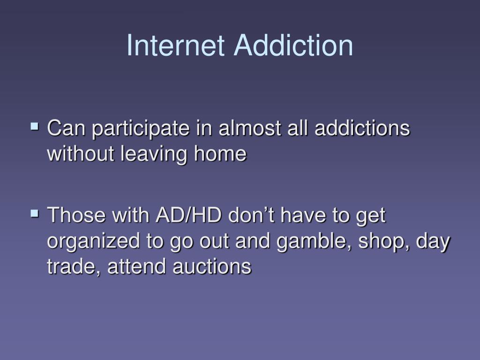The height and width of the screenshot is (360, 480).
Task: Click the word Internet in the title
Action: click(177, 45)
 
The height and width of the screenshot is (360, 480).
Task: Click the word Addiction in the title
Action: click(293, 45)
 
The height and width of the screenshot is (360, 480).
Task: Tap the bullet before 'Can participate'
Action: click(34, 126)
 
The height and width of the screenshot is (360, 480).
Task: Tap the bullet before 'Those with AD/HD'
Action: click(34, 214)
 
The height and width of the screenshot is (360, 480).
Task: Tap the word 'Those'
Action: click(76, 216)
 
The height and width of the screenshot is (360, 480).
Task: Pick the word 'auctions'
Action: click(212, 267)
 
